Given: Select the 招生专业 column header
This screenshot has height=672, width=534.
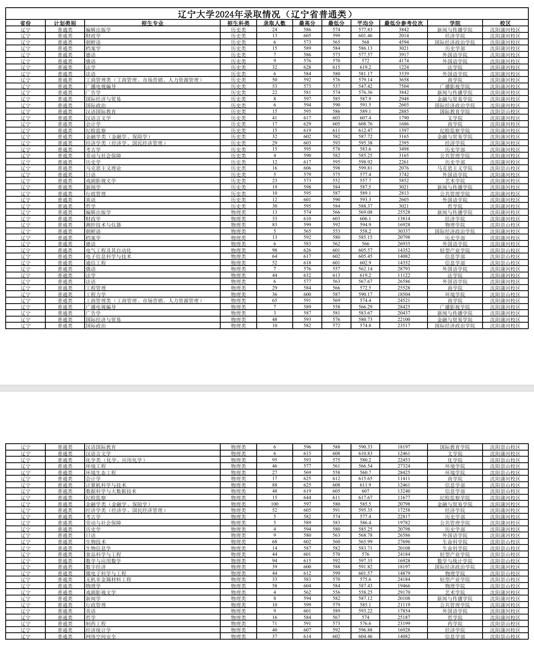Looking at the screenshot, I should tap(152, 23).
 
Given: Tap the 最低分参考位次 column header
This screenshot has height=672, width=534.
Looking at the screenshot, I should tap(403, 23).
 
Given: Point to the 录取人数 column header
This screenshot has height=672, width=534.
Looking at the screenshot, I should tap(274, 23).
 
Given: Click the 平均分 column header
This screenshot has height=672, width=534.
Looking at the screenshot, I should tap(365, 23).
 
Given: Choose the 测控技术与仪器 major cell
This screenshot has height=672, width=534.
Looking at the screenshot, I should tap(103, 225).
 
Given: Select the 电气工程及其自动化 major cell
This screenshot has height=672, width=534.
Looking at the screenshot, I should tap(108, 250).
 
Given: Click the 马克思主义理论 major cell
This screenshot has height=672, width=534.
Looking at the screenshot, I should tap(103, 168).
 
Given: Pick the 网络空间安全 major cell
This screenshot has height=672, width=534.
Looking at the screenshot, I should tap(101, 637).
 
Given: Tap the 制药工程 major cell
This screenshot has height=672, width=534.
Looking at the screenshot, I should tap(96, 624).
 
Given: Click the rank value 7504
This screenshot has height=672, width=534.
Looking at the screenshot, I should tap(403, 86).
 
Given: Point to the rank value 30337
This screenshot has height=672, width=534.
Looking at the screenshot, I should tap(403, 231).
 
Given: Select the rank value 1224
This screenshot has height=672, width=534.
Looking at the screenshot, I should tap(403, 68).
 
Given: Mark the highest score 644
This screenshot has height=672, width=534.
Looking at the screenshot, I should tap(307, 498).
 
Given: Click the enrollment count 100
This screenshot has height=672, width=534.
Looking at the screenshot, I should tap(274, 504).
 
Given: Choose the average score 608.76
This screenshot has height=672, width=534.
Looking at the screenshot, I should tap(365, 124).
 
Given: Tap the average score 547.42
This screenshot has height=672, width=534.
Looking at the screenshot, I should tap(365, 86).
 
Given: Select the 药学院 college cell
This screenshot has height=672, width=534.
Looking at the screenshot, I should tap(455, 624).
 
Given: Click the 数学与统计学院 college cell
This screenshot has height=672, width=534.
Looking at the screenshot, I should tap(455, 561).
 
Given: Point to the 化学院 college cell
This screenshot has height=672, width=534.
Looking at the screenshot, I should tap(455, 460).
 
